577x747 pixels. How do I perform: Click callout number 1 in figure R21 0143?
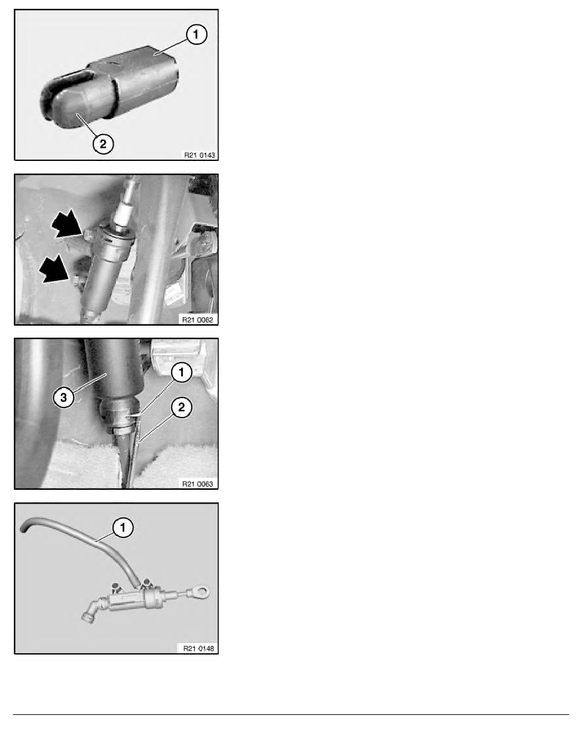coord(196,35)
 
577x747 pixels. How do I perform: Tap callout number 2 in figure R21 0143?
coord(103,143)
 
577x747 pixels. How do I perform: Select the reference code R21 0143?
coord(199,155)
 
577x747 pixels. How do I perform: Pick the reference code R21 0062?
coord(197,319)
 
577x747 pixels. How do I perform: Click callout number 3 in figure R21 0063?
coord(63,397)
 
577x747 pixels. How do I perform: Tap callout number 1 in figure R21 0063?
coord(181,372)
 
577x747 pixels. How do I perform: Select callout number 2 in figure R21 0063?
coord(182,407)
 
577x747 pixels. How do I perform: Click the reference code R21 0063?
coord(197,484)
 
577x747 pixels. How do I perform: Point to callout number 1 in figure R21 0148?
coord(123,528)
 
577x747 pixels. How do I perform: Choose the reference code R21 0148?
coord(199,648)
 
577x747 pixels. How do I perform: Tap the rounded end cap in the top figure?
coord(76,107)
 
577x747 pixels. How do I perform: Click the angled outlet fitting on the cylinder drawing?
coord(91,611)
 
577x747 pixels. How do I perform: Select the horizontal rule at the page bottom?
coord(291,714)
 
